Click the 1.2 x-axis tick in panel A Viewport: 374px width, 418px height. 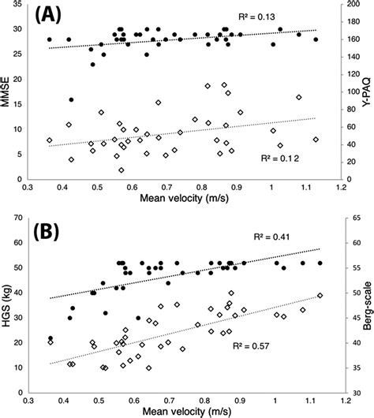click(340, 188)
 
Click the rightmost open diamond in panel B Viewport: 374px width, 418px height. click(320, 296)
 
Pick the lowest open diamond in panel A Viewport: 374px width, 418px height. click(121, 170)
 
